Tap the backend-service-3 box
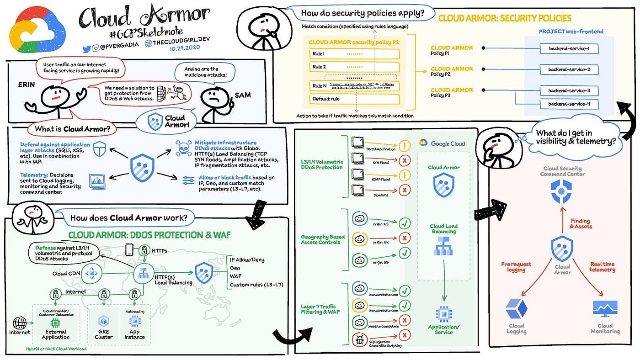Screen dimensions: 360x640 click(x=569, y=90)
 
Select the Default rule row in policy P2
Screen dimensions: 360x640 click(x=354, y=99)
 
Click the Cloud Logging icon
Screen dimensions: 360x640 click(x=517, y=309)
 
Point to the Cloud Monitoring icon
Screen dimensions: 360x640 click(x=605, y=309)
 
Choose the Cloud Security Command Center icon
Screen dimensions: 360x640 click(x=562, y=191)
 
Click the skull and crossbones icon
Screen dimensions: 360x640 click(x=184, y=148)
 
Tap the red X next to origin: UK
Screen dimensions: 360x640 click(x=405, y=238)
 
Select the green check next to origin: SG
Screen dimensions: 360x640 click(x=405, y=253)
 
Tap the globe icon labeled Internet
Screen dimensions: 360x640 click(x=20, y=323)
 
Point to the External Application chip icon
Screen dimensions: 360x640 click(x=56, y=323)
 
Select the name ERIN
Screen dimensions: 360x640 click(x=27, y=85)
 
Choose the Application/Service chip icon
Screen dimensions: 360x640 click(x=443, y=313)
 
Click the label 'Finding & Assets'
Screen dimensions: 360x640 click(x=581, y=223)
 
